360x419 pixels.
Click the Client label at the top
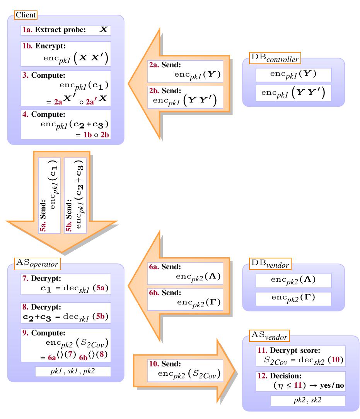[x=26, y=15]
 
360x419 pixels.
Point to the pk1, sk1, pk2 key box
[x=73, y=372]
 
